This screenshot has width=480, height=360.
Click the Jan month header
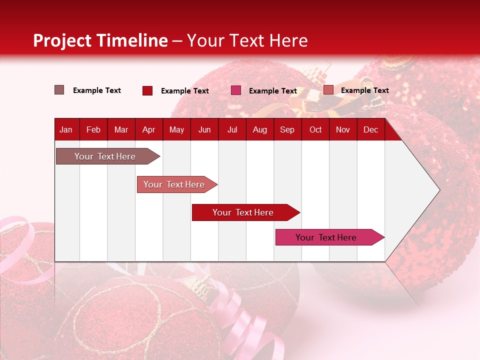coord(66,129)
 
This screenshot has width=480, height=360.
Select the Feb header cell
coord(93,129)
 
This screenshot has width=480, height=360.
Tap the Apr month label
coord(148,129)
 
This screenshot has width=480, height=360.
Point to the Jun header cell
coord(204,129)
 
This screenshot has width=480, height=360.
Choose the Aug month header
coord(259,129)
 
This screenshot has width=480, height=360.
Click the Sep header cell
coord(287,129)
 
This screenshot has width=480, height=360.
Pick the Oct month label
coord(315,129)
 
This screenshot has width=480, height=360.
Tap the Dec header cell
coord(370,129)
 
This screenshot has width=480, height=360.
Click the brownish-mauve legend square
coord(59,90)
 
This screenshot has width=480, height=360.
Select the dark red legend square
coord(147,90)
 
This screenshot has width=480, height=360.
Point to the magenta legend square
coord(236,90)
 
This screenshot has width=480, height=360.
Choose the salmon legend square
coord(328,90)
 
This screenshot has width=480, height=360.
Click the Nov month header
coord(343,129)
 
